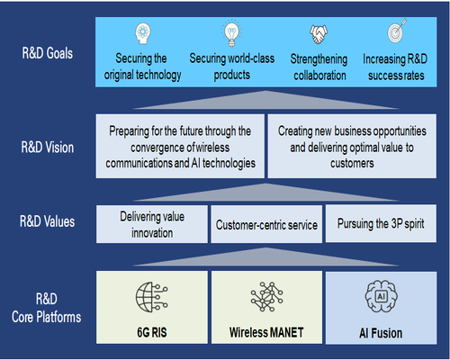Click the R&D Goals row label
click(48, 53)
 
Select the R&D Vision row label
click(48, 148)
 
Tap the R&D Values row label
click(48, 221)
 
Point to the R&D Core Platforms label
click(47, 308)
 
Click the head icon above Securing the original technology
click(143, 34)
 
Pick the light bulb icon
click(231, 33)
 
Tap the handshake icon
click(319, 34)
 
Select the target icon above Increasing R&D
click(397, 31)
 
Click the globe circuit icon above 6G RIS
click(152, 297)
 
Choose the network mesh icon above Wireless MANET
click(266, 296)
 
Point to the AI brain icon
click(382, 296)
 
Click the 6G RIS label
click(152, 332)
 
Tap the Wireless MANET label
click(266, 332)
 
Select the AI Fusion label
click(381, 333)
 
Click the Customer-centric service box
click(266, 224)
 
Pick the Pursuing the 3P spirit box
click(381, 223)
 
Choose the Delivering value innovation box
click(152, 224)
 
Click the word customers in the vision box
click(352, 164)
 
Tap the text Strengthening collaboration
click(319, 67)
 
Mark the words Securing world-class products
click(232, 67)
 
